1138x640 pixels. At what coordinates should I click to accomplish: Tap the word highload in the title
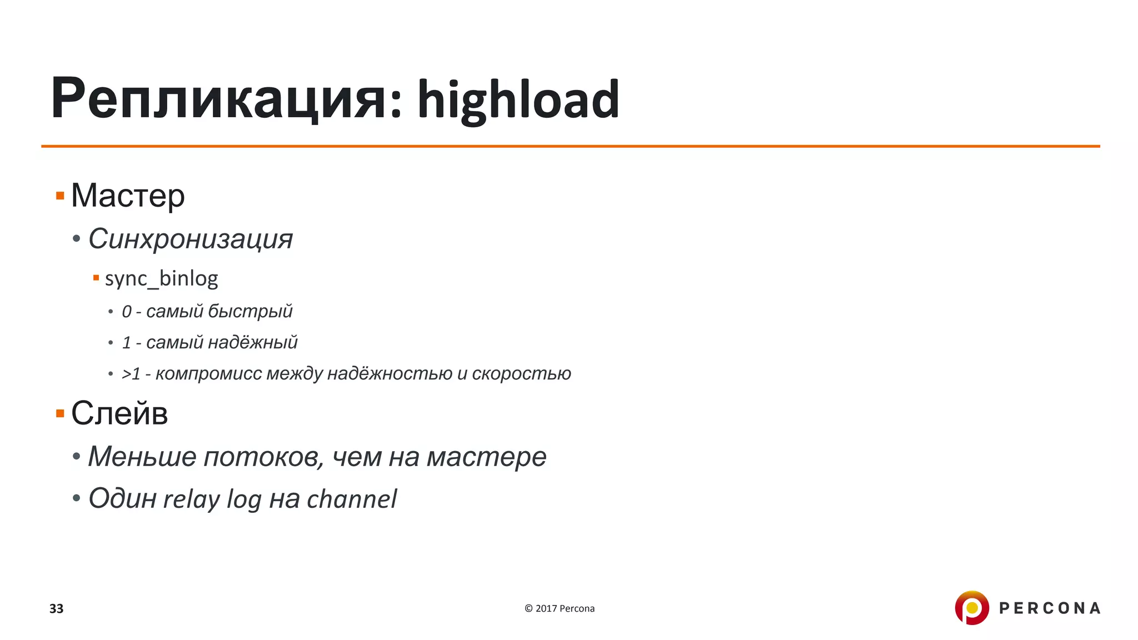518,100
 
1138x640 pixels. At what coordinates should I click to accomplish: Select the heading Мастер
128,196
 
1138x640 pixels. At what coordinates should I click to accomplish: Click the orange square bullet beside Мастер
60,196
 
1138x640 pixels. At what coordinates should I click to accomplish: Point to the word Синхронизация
191,239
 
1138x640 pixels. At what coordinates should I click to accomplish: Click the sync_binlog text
161,278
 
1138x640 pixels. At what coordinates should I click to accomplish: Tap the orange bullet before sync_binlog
96,278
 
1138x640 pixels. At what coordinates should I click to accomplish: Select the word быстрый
250,311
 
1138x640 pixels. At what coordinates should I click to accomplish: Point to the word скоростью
521,373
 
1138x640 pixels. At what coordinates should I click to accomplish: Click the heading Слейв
119,413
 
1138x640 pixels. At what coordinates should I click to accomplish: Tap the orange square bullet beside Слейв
60,413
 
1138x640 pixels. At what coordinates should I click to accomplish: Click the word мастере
486,457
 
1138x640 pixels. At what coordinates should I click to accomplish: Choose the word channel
352,499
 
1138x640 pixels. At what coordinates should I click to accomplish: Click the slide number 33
56,608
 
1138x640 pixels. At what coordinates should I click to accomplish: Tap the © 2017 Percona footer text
560,608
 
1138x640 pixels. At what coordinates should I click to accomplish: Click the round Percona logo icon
972,608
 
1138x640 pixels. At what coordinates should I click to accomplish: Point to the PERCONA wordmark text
1050,608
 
